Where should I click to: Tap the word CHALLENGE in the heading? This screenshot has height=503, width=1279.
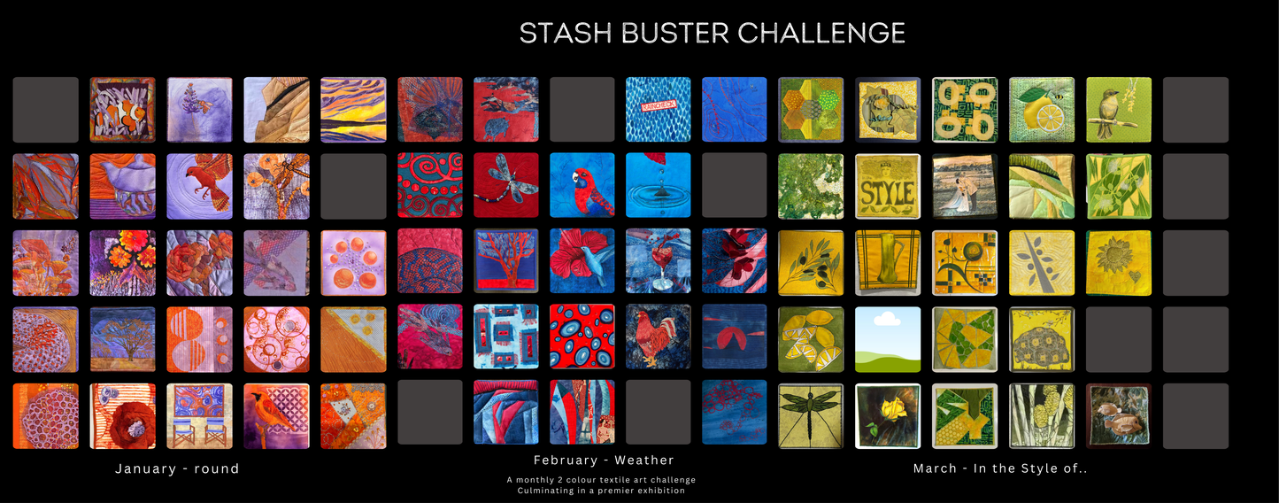tap(821, 33)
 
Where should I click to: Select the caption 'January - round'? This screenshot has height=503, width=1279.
tap(177, 468)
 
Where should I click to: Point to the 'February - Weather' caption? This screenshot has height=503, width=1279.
tap(604, 460)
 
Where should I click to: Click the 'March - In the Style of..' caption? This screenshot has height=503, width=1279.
tap(1000, 468)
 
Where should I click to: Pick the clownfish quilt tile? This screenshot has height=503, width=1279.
tap(123, 110)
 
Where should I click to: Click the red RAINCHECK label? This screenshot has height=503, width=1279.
tap(659, 105)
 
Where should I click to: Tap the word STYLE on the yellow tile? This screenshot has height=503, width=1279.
tap(888, 193)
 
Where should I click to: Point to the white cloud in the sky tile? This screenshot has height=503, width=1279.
tap(887, 319)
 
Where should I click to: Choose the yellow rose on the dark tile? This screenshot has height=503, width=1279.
tap(890, 409)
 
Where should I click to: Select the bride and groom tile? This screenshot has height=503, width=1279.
tap(965, 186)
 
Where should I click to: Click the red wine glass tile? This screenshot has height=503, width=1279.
tap(659, 262)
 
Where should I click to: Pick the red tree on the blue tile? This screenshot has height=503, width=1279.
tap(506, 260)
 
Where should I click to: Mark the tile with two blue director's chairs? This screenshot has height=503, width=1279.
tap(199, 416)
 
